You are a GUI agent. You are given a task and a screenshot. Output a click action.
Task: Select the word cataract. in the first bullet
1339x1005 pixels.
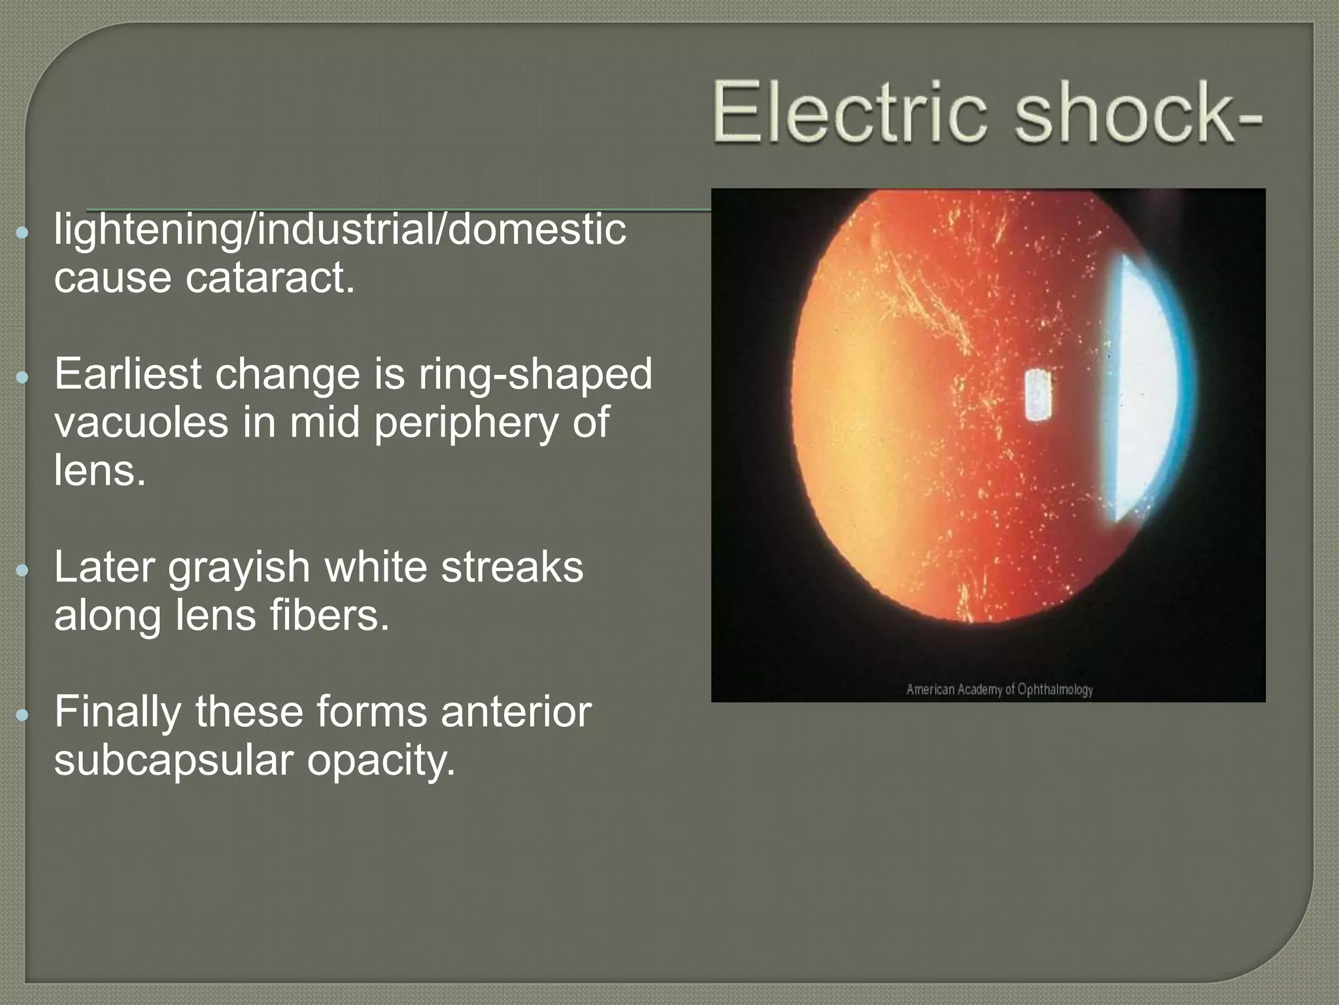click(269, 278)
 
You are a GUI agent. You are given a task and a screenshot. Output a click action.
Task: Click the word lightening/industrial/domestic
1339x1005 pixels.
click(340, 230)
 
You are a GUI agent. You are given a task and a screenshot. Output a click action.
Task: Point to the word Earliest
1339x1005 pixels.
click(127, 374)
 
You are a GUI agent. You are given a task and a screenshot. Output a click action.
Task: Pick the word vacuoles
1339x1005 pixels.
click(141, 423)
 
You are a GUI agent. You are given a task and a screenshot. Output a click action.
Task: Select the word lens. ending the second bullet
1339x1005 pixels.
click(99, 470)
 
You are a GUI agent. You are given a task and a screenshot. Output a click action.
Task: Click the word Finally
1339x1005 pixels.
click(118, 713)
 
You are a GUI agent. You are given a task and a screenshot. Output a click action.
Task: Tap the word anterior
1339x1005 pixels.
click(516, 712)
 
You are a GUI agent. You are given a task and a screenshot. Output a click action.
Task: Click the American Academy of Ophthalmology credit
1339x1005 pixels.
click(999, 690)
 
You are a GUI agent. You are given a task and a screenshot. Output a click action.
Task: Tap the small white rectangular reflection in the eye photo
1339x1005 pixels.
click(1038, 395)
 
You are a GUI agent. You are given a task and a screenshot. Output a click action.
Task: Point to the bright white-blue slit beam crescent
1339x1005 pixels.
click(1147, 386)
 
